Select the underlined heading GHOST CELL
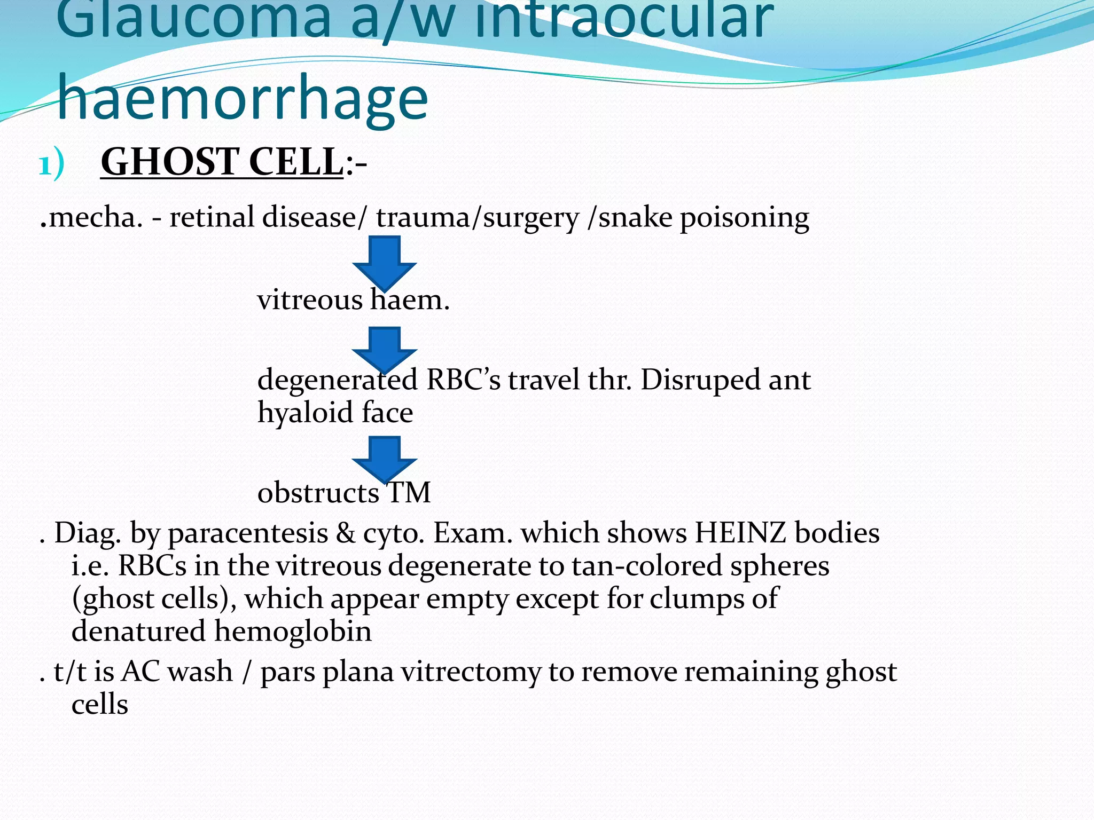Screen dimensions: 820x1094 click(222, 162)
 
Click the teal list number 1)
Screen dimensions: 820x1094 click(51, 164)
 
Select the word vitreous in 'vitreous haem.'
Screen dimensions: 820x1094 click(310, 300)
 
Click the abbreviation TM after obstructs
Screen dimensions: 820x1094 click(409, 492)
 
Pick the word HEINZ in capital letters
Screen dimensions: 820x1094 click(740, 533)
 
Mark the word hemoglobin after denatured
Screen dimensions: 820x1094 click(293, 631)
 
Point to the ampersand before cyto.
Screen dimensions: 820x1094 click(345, 533)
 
